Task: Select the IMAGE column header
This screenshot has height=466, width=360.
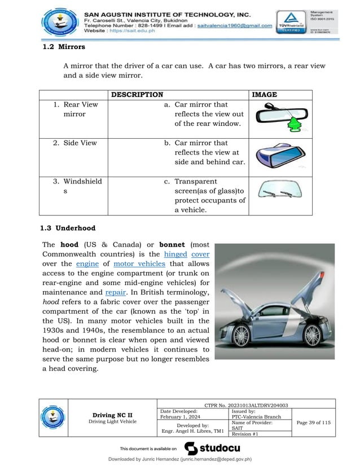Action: (264, 94)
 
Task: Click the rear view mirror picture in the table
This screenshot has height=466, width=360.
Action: (280, 117)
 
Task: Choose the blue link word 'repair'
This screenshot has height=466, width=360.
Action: (115, 293)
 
